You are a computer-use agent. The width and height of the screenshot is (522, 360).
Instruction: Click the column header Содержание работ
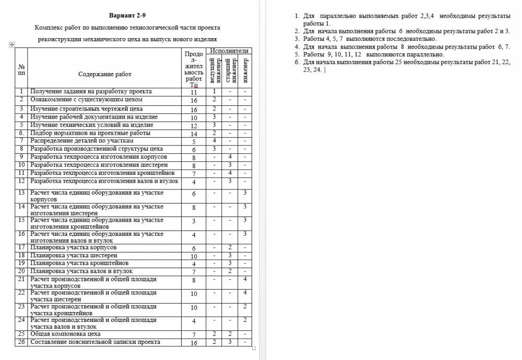tap(105, 74)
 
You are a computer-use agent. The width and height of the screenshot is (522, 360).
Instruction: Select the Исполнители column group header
tap(229, 51)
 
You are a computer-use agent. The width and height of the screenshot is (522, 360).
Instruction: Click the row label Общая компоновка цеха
tap(65, 333)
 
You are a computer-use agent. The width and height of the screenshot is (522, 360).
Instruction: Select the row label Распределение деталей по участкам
tap(82, 141)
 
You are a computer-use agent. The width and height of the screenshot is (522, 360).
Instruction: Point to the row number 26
tap(21, 342)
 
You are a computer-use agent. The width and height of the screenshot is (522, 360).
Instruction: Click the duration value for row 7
tap(194, 141)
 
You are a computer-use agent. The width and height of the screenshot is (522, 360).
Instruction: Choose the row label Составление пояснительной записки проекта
tap(95, 342)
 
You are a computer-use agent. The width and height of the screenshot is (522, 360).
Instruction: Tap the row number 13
tap(21, 193)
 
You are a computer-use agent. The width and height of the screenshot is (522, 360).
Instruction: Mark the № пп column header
tap(21, 70)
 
